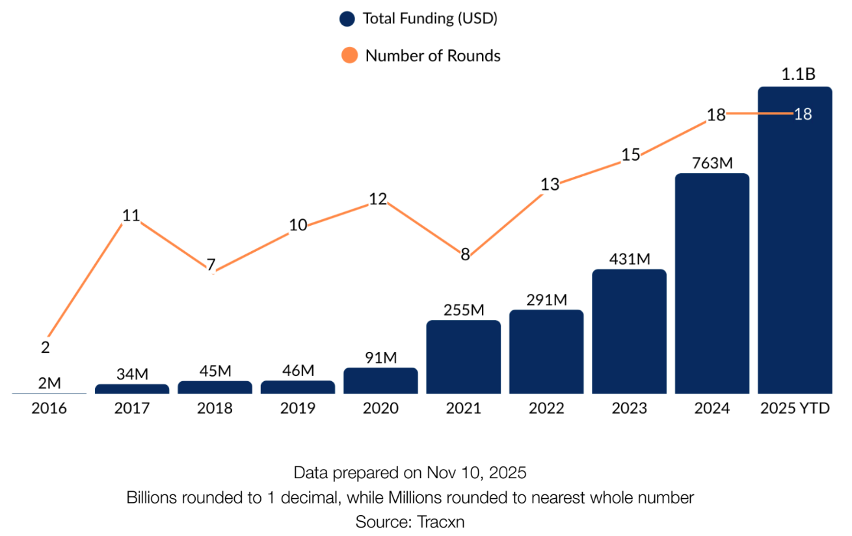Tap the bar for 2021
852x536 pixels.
click(464, 357)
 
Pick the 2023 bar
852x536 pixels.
click(629, 332)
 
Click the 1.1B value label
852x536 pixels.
click(798, 74)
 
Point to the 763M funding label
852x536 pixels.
click(712, 163)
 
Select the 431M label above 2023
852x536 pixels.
click(630, 258)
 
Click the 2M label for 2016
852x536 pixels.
click(49, 383)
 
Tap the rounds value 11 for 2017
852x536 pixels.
click(131, 215)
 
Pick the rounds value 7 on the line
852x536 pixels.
click(211, 265)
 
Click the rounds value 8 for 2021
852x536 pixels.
click(465, 255)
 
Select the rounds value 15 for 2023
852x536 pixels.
click(630, 155)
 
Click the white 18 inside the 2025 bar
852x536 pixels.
click(803, 114)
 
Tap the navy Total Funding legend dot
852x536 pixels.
click(348, 19)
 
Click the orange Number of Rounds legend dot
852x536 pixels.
click(349, 55)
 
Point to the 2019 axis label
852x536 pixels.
click(298, 409)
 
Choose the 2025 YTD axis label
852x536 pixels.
click(795, 409)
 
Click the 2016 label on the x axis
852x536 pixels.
click(49, 409)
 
